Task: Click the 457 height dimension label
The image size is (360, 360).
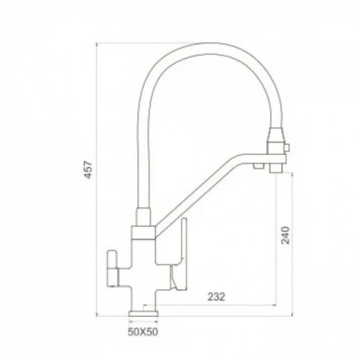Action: (x=89, y=169)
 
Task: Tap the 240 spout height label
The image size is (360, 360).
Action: (x=286, y=235)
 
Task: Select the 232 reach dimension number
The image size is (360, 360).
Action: (x=216, y=297)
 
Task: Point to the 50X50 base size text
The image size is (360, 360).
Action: (x=143, y=332)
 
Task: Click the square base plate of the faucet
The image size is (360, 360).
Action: (x=144, y=313)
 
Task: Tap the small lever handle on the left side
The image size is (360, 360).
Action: (x=112, y=269)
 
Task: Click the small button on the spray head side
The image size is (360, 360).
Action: (x=287, y=147)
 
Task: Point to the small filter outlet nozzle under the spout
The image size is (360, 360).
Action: (x=259, y=166)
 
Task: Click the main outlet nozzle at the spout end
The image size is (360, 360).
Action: (x=276, y=168)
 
